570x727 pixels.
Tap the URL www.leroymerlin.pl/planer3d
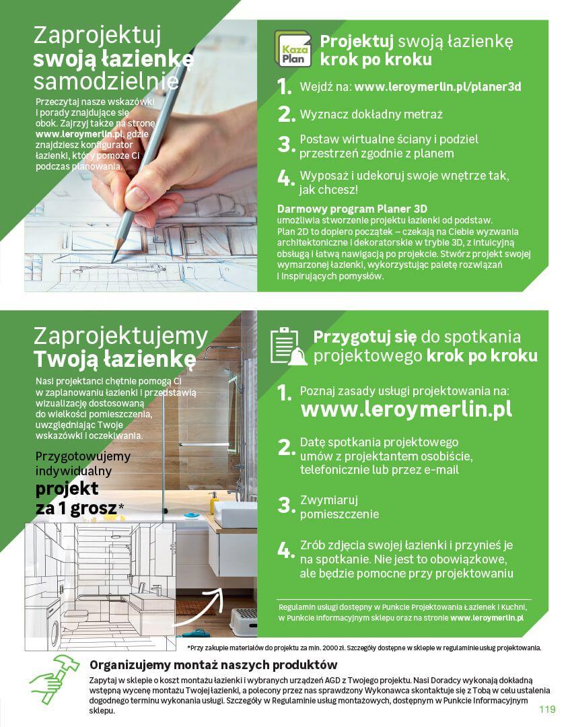point(437,87)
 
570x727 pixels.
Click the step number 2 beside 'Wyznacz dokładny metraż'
point(286,114)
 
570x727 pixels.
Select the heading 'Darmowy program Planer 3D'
point(352,209)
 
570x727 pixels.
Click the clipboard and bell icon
point(288,346)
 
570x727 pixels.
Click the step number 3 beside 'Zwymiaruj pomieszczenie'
point(286,505)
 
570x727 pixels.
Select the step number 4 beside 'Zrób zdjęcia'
point(286,550)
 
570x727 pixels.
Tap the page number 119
point(547,708)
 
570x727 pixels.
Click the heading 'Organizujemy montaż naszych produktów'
point(213,665)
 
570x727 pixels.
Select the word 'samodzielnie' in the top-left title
point(106,81)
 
